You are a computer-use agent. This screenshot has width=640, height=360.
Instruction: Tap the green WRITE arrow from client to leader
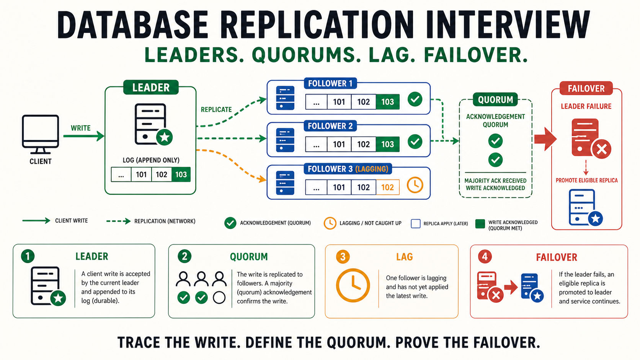click(x=84, y=136)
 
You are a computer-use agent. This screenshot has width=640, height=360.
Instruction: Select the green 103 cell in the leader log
click(x=181, y=174)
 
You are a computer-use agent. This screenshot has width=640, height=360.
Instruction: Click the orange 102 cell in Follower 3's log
click(x=387, y=187)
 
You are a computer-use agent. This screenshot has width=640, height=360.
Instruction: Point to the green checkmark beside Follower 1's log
click(x=415, y=99)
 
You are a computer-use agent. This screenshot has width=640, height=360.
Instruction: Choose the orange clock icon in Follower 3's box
click(x=415, y=185)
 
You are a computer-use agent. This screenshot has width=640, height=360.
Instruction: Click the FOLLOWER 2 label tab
click(x=330, y=126)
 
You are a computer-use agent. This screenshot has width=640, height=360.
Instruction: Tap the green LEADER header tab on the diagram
click(x=151, y=87)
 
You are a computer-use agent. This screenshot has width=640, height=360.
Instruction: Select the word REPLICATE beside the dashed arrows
click(x=216, y=110)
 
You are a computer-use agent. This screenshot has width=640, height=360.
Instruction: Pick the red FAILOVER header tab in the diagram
click(x=586, y=88)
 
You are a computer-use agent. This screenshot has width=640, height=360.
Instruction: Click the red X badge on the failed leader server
click(x=601, y=149)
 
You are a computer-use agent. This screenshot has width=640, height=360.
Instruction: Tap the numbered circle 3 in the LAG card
click(x=343, y=257)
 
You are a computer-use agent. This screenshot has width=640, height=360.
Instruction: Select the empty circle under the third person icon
click(x=219, y=298)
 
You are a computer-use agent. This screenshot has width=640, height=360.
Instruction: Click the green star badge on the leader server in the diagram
click(x=165, y=137)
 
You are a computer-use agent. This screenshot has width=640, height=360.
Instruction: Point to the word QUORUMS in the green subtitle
click(x=306, y=55)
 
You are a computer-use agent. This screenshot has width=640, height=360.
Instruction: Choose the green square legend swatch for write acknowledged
click(x=480, y=224)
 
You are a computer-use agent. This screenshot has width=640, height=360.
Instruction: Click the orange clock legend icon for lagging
click(x=330, y=223)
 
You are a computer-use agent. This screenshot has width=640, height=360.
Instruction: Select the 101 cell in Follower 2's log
click(x=339, y=144)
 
